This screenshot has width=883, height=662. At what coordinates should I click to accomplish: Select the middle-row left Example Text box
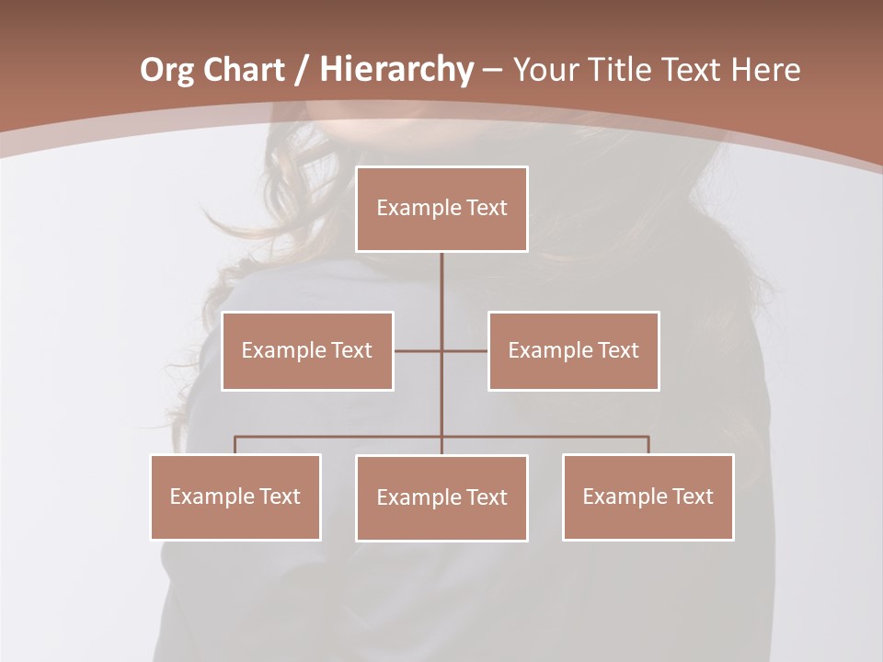[x=307, y=350]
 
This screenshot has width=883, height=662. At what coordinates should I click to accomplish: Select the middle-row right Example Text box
[x=573, y=350]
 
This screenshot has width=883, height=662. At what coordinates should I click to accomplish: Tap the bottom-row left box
[x=235, y=496]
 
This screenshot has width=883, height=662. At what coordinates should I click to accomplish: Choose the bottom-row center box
[x=441, y=497]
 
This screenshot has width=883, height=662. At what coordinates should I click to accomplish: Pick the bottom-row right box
[x=648, y=496]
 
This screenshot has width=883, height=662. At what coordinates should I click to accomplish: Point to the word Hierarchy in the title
[x=396, y=70]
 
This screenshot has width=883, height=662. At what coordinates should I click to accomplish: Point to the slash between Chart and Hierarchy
[x=302, y=70]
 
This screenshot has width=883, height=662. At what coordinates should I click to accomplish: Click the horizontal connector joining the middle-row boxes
[x=419, y=350]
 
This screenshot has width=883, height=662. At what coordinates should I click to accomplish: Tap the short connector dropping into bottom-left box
[x=235, y=445]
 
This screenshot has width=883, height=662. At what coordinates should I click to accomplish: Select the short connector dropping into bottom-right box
[x=648, y=445]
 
